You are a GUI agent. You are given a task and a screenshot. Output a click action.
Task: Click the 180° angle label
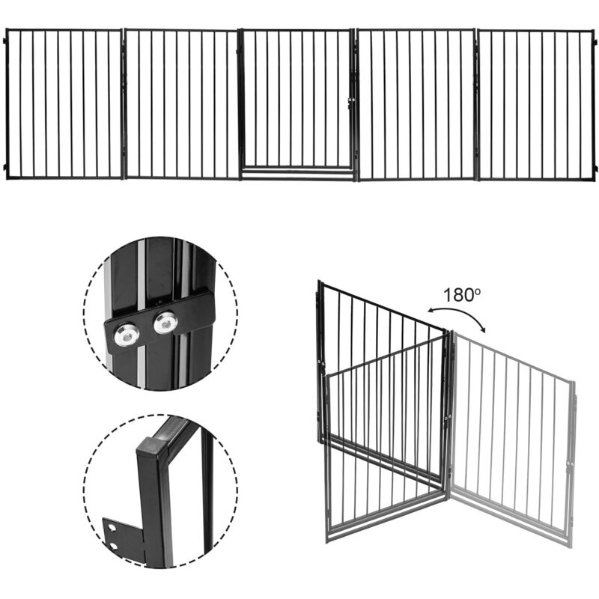click(461, 295)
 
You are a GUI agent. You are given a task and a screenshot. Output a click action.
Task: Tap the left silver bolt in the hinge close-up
click(124, 336)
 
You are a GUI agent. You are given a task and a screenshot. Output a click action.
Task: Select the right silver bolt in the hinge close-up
click(165, 323)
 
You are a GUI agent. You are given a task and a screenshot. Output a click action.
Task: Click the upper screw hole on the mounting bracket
click(112, 529)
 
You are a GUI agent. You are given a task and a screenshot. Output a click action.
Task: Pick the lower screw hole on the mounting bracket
click(113, 546)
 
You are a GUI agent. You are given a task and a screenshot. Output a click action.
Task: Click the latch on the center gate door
click(351, 100)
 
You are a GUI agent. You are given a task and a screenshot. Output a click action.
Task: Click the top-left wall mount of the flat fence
click(4, 40)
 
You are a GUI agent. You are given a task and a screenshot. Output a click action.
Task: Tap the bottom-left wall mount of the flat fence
click(4, 168)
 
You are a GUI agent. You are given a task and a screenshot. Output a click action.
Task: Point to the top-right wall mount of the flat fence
click(595, 41)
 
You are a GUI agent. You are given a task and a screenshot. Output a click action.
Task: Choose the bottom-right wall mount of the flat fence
click(595, 168)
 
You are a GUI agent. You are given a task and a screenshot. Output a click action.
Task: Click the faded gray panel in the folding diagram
click(511, 435)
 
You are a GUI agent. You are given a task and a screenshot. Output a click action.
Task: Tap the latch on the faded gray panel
click(571, 463)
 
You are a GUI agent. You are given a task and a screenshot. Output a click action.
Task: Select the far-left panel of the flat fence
click(64, 104)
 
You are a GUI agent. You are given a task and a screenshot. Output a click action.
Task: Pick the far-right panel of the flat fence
click(535, 104)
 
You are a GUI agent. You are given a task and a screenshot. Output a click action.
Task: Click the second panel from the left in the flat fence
click(181, 104)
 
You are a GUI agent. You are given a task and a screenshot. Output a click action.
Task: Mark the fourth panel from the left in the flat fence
click(416, 104)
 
